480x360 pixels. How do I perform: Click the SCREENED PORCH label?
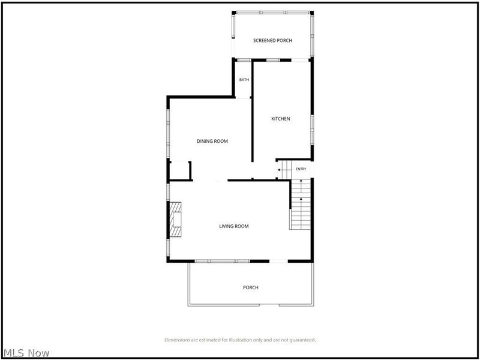click(x=272, y=40)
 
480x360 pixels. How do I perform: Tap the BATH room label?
click(x=244, y=80)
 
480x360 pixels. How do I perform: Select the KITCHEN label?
click(x=281, y=119)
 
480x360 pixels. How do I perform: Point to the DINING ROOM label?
click(x=212, y=142)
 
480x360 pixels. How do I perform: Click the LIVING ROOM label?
click(x=234, y=227)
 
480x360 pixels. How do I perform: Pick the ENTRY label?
click(x=301, y=169)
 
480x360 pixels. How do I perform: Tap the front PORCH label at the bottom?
click(x=251, y=288)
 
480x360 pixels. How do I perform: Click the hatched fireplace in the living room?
click(x=175, y=219)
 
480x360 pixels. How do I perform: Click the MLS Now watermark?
click(x=26, y=353)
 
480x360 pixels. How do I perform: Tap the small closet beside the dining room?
click(x=179, y=170)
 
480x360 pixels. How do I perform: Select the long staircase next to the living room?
click(x=301, y=204)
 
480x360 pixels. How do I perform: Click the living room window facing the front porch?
click(x=222, y=261)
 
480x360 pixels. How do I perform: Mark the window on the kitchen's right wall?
click(x=312, y=130)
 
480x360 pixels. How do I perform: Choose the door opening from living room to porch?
click(x=278, y=261)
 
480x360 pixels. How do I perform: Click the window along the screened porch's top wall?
click(x=273, y=13)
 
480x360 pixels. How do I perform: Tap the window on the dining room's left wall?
click(x=168, y=133)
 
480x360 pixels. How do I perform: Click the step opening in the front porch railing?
click(x=269, y=305)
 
